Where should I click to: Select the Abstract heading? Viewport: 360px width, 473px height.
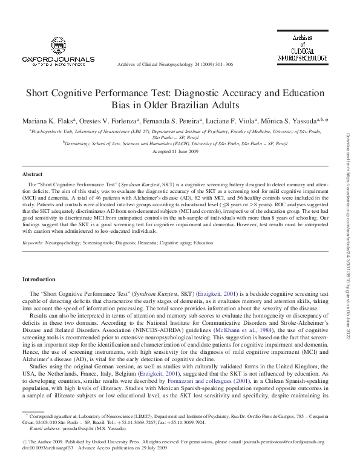[x=32, y=174]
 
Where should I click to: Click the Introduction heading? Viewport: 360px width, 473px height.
[x=39, y=279]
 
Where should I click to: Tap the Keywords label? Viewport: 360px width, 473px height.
[x=32, y=243]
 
